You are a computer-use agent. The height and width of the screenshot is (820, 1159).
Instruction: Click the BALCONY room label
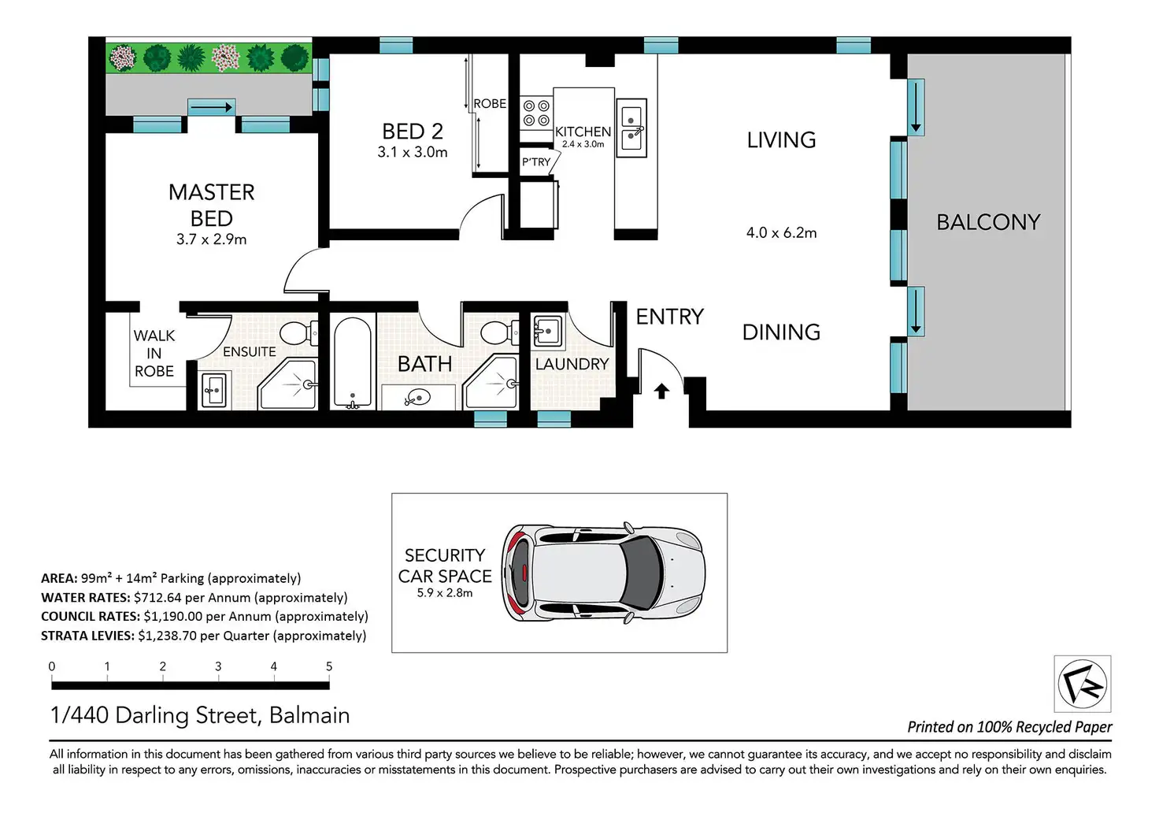987,222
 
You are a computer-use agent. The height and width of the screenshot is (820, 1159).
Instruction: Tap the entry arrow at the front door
661,391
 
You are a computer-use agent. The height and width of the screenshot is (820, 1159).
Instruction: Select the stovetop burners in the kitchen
536,113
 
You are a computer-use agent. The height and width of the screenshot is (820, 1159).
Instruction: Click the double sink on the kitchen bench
631,128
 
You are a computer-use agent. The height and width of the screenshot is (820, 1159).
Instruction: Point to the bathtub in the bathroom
353,362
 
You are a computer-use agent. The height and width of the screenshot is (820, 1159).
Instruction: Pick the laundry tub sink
547,330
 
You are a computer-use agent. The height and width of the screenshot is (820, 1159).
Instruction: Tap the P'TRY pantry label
536,162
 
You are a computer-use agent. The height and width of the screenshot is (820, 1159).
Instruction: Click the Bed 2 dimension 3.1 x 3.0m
413,152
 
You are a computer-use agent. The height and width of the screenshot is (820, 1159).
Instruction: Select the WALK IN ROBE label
154,354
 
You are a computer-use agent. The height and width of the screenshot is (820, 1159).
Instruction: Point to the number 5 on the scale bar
329,666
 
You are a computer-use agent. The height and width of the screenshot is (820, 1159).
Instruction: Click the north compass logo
1083,684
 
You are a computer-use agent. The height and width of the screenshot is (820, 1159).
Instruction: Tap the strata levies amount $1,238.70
167,636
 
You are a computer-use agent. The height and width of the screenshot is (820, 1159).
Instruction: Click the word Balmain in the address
309,715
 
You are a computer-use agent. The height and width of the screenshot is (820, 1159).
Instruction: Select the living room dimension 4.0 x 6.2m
781,233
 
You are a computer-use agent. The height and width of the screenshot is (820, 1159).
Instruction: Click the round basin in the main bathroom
419,398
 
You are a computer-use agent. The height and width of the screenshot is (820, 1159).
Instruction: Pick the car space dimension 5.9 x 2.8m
444,592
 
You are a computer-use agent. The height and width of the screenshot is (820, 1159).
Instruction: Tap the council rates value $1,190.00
172,617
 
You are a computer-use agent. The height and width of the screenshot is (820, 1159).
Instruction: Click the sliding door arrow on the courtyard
210,108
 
